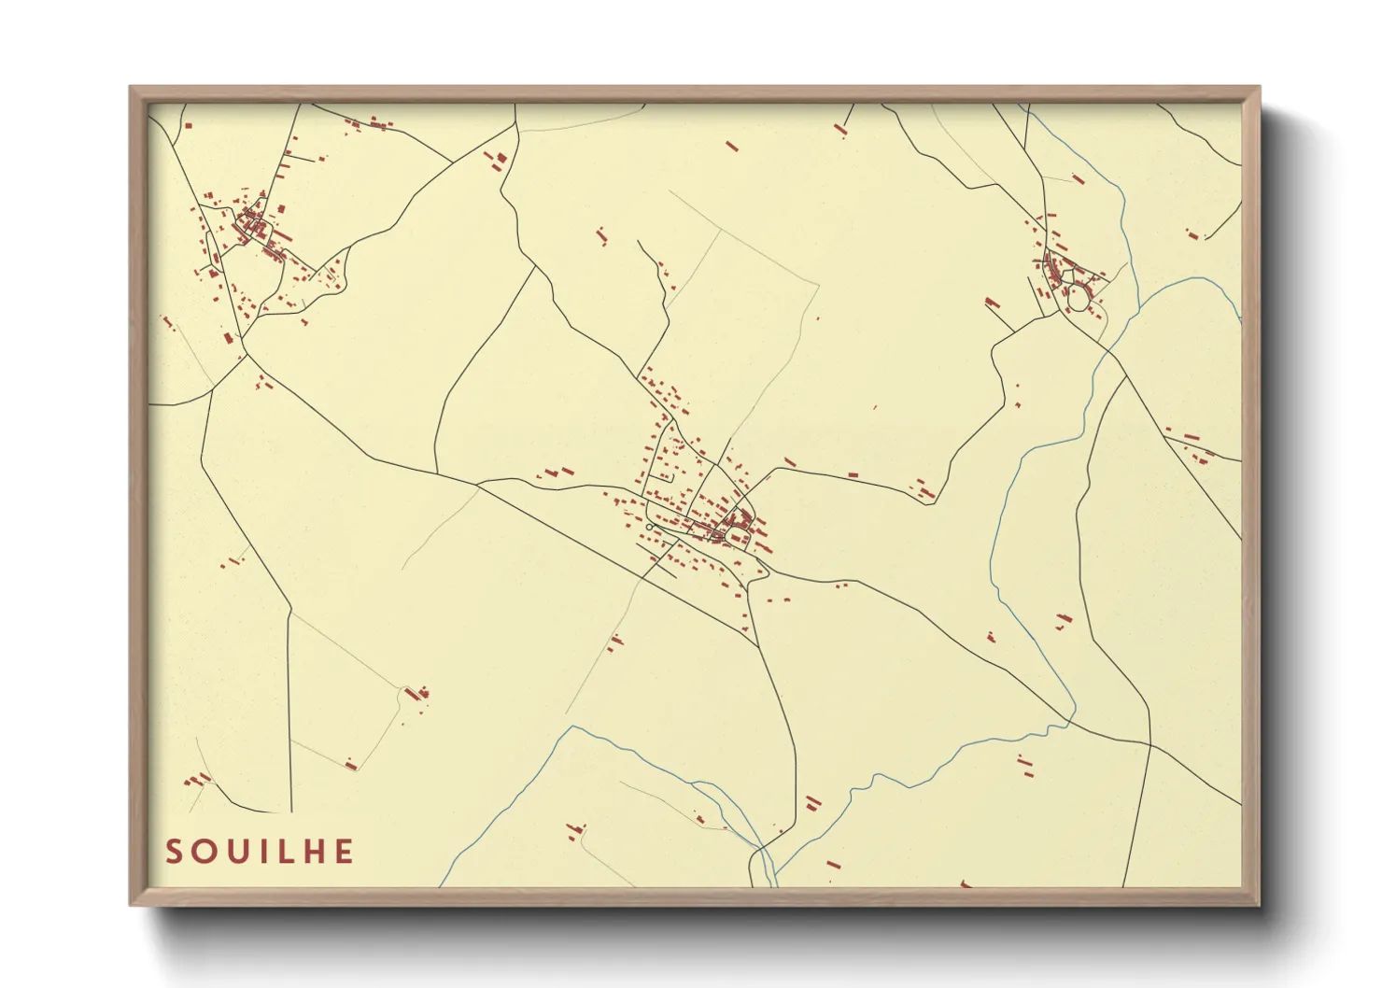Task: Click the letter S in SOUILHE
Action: (x=174, y=852)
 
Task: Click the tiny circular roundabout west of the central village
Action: (x=648, y=528)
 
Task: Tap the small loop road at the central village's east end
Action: (x=738, y=537)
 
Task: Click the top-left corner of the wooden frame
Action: (x=132, y=88)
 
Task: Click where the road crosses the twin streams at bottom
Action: (x=764, y=852)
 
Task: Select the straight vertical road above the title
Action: (x=290, y=710)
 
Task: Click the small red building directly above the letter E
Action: (x=351, y=765)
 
